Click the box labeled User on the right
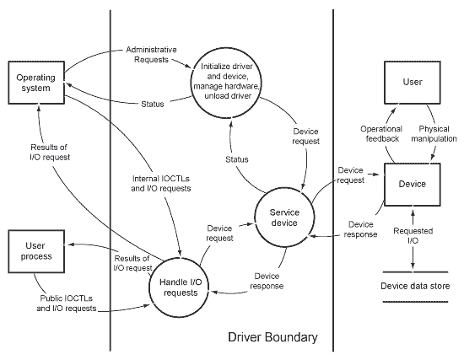tap(412, 83)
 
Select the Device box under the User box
tap(412, 183)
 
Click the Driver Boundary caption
tap(272, 337)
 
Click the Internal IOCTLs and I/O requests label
tap(161, 183)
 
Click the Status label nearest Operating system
tap(151, 104)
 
